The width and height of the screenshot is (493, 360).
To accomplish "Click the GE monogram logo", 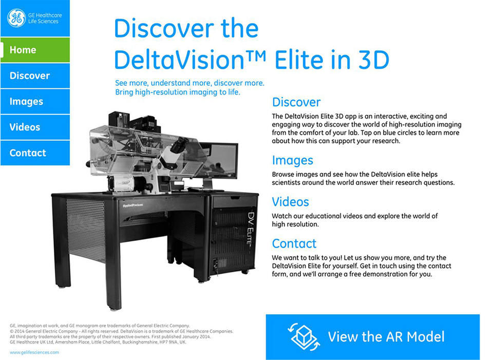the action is pyautogui.click(x=16, y=18).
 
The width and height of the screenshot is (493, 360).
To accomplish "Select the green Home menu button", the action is pyautogui.click(x=35, y=50).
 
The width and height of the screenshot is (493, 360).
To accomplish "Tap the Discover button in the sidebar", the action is pyautogui.click(x=35, y=75).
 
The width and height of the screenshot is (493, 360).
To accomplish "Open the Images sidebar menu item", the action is pyautogui.click(x=35, y=101).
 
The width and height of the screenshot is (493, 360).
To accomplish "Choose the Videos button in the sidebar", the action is pyautogui.click(x=35, y=127).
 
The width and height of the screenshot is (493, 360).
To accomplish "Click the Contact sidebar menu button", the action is pyautogui.click(x=35, y=153).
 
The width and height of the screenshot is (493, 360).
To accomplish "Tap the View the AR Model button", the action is pyautogui.click(x=373, y=337).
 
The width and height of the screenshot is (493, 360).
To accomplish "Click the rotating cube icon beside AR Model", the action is pyautogui.click(x=304, y=337).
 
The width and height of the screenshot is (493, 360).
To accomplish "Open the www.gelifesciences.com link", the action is pyautogui.click(x=34, y=352).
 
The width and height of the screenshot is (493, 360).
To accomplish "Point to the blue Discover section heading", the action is pyautogui.click(x=296, y=102).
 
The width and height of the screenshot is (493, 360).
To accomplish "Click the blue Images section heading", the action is pyautogui.click(x=292, y=160).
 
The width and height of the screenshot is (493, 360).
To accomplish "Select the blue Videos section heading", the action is pyautogui.click(x=291, y=202).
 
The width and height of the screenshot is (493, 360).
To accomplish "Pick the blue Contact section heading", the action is pyautogui.click(x=294, y=243).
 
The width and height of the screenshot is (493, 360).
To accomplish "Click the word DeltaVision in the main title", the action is pyautogui.click(x=179, y=60).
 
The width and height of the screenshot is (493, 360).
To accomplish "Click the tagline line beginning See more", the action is pyautogui.click(x=189, y=83).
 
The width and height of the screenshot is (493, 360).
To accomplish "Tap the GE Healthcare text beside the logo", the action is pyautogui.click(x=45, y=15).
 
